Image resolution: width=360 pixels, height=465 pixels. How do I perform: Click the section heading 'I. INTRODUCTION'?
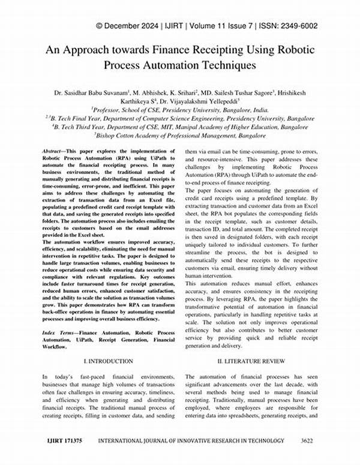click(108, 361)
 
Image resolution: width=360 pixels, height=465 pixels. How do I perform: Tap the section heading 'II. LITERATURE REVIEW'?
click(252, 361)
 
